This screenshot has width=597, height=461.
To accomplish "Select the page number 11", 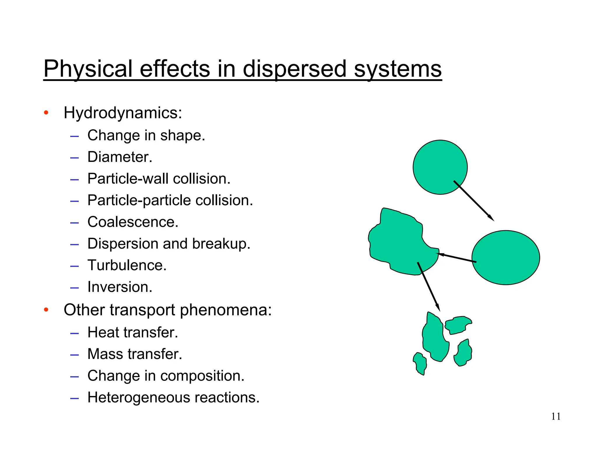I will (556, 416).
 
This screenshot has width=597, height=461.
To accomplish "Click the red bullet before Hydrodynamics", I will (46, 113).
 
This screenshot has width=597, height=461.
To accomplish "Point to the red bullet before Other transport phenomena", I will (46, 309).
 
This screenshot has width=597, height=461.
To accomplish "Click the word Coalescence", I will (133, 222).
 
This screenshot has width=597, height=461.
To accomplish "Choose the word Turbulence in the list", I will (127, 265).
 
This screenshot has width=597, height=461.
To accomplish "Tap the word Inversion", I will (120, 287).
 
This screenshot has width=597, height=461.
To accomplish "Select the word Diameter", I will (120, 157).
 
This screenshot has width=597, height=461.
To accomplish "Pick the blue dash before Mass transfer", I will (75, 355).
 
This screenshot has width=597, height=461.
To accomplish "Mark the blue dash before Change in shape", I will (75, 136).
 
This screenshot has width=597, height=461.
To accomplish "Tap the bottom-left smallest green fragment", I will (420, 363).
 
